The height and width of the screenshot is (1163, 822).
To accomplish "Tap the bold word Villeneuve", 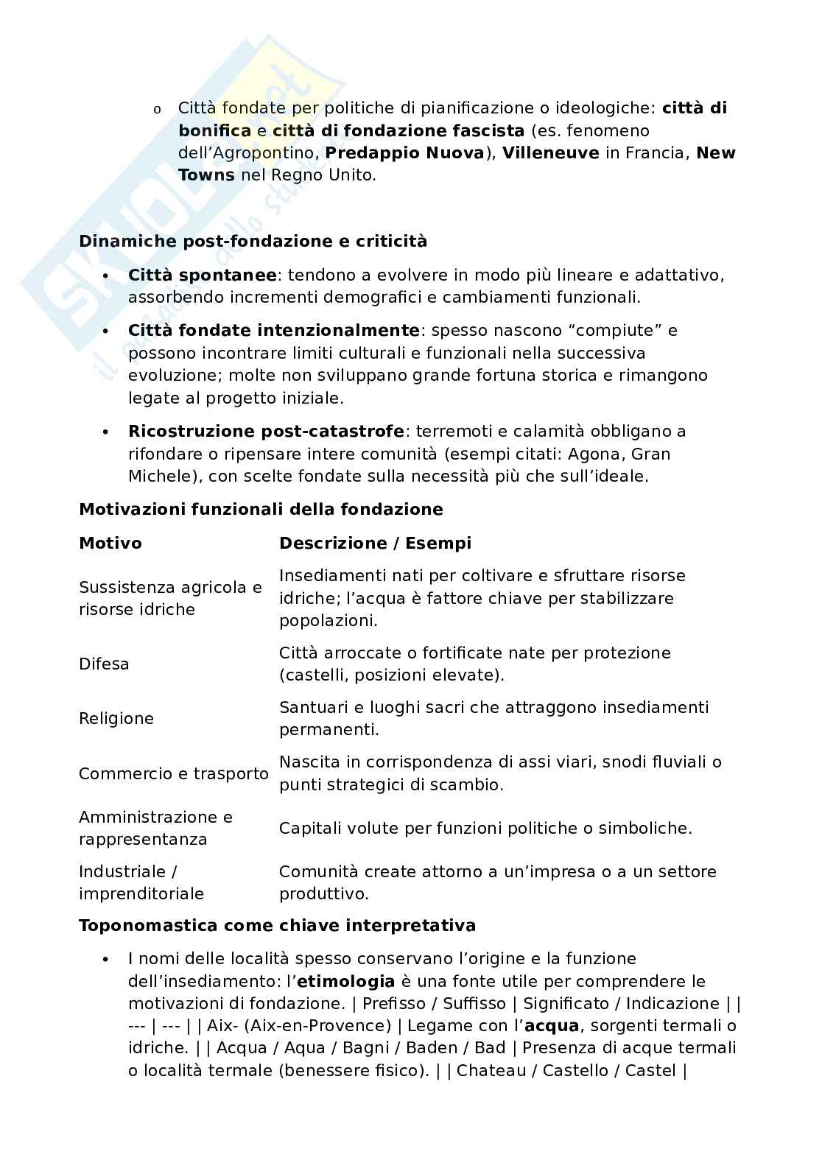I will (x=550, y=153).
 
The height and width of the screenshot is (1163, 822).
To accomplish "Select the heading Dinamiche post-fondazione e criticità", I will (x=253, y=242).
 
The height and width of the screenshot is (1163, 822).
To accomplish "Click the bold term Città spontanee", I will (x=202, y=275).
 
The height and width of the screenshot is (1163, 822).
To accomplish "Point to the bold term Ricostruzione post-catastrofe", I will (x=266, y=431).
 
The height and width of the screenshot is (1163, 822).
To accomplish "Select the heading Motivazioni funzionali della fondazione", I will (x=261, y=510).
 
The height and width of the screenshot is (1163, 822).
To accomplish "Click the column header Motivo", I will (x=110, y=544).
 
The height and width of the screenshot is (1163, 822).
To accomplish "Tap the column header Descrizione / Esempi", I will (x=375, y=544).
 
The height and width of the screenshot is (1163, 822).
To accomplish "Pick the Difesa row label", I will (x=104, y=664).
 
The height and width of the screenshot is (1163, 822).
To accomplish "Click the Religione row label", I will (x=116, y=719).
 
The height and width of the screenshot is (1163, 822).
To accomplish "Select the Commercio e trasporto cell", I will (x=173, y=774).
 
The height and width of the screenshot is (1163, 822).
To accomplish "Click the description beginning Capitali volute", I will (x=485, y=829).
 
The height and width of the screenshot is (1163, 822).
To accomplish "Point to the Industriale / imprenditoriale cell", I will (x=141, y=883).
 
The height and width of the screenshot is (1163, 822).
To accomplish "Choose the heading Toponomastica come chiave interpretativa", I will (x=277, y=926).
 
